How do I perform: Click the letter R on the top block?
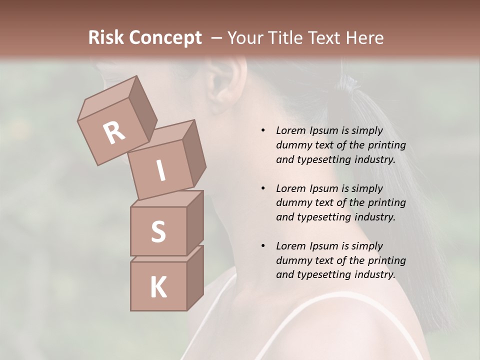click(x=114, y=132)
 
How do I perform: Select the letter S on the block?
click(x=158, y=231)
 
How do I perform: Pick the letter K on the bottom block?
click(x=158, y=287)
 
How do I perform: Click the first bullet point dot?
click(x=263, y=130)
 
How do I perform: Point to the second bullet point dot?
click(x=263, y=188)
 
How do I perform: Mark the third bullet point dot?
click(x=263, y=246)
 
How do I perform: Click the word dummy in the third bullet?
click(x=292, y=260)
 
